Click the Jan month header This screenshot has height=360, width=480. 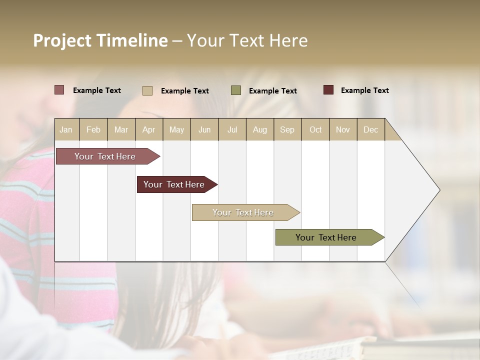(66, 129)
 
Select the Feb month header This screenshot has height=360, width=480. (93, 129)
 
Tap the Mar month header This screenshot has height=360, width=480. (121, 129)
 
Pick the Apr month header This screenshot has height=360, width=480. (149, 129)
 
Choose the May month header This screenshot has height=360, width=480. (176, 129)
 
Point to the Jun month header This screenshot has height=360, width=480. (204, 129)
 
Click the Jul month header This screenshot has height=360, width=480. (232, 129)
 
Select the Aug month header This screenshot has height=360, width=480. (260, 129)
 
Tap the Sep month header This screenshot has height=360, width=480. (287, 129)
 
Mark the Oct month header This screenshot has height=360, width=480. (315, 129)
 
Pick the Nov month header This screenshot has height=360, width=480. (343, 129)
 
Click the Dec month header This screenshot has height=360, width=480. (371, 129)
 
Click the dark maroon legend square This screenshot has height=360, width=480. (328, 90)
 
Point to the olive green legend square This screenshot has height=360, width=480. (236, 90)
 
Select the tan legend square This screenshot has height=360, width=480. (147, 90)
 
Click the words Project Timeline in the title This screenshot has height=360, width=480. (100, 40)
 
